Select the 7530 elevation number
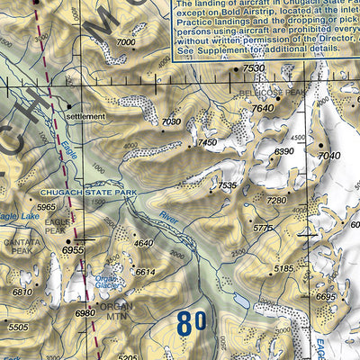click(x=255, y=69)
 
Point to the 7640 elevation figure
click(x=262, y=109)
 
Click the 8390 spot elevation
click(x=284, y=152)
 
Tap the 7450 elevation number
click(x=209, y=143)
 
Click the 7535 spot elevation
click(x=228, y=185)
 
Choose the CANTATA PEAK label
click(x=16, y=246)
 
